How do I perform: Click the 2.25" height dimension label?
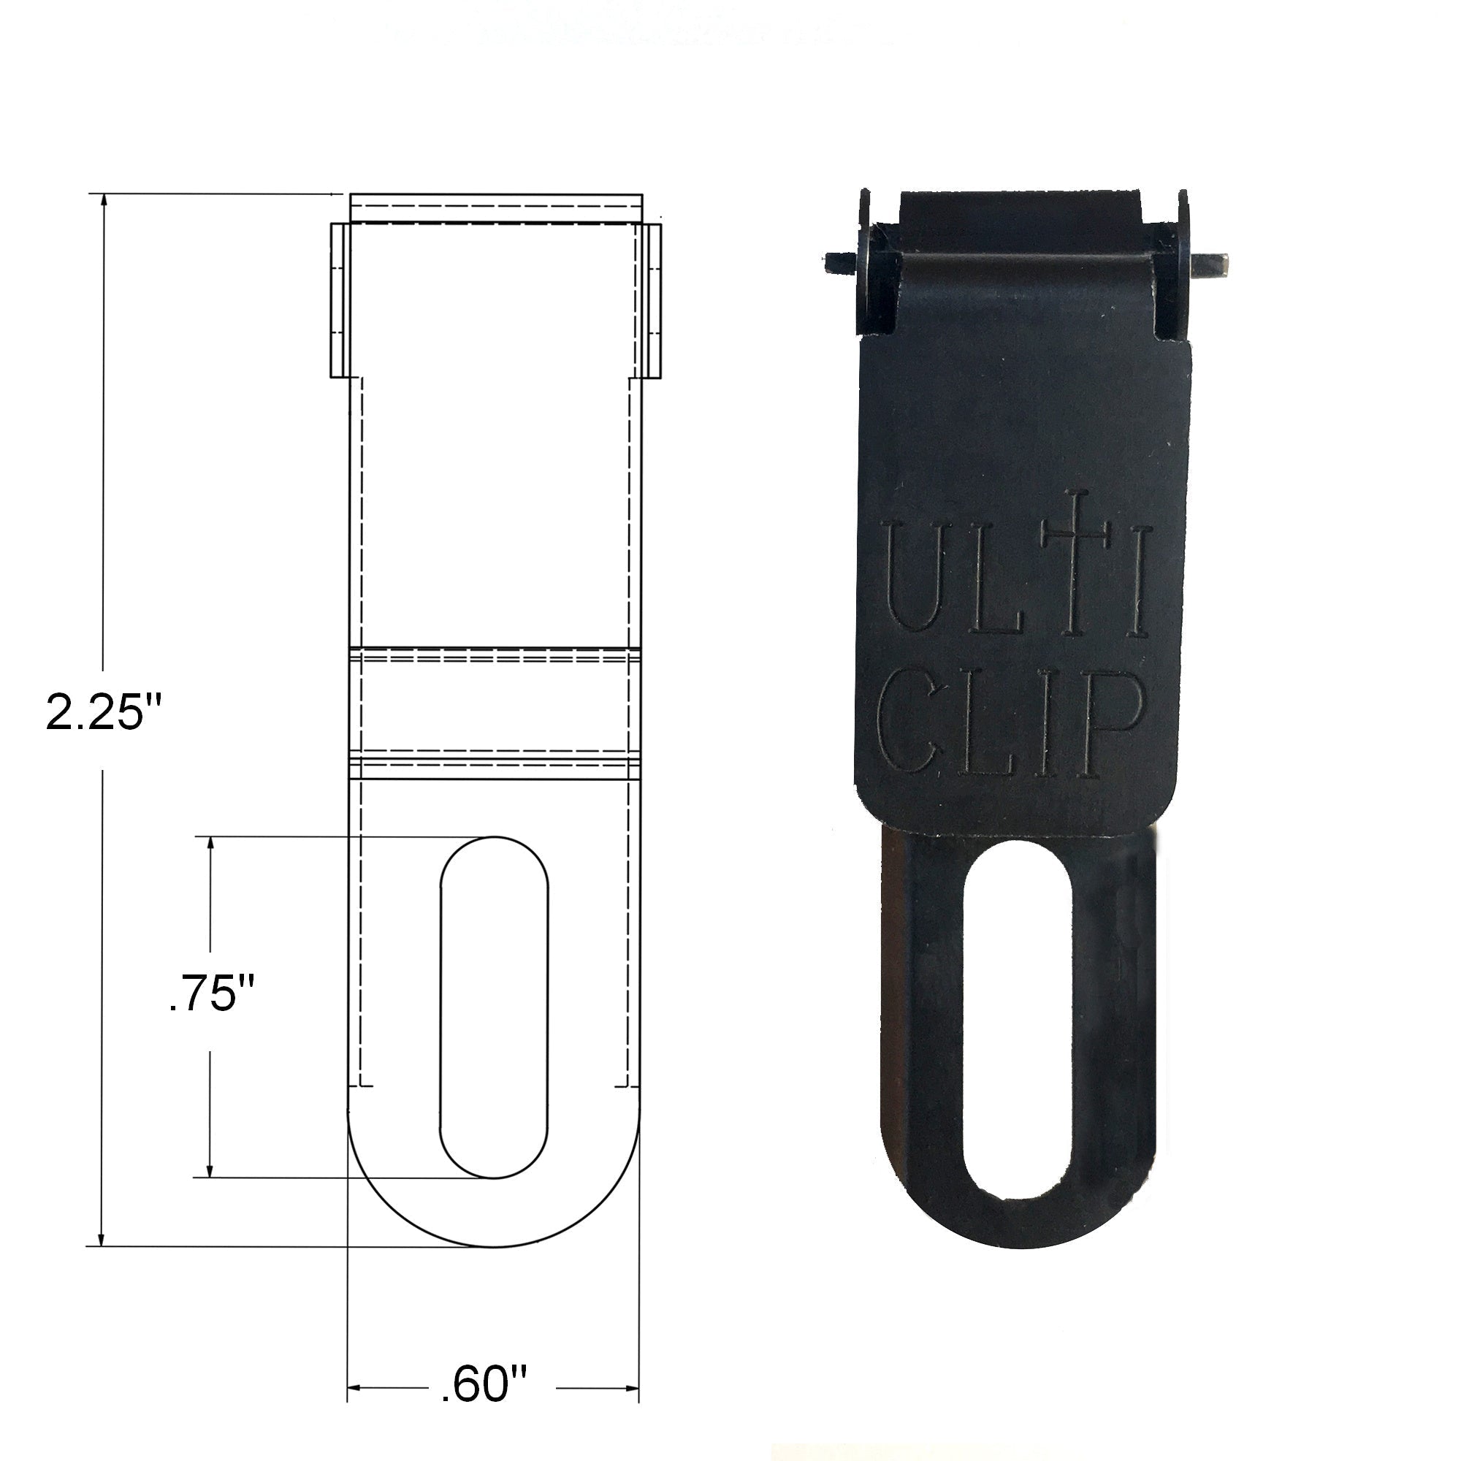(x=104, y=712)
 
